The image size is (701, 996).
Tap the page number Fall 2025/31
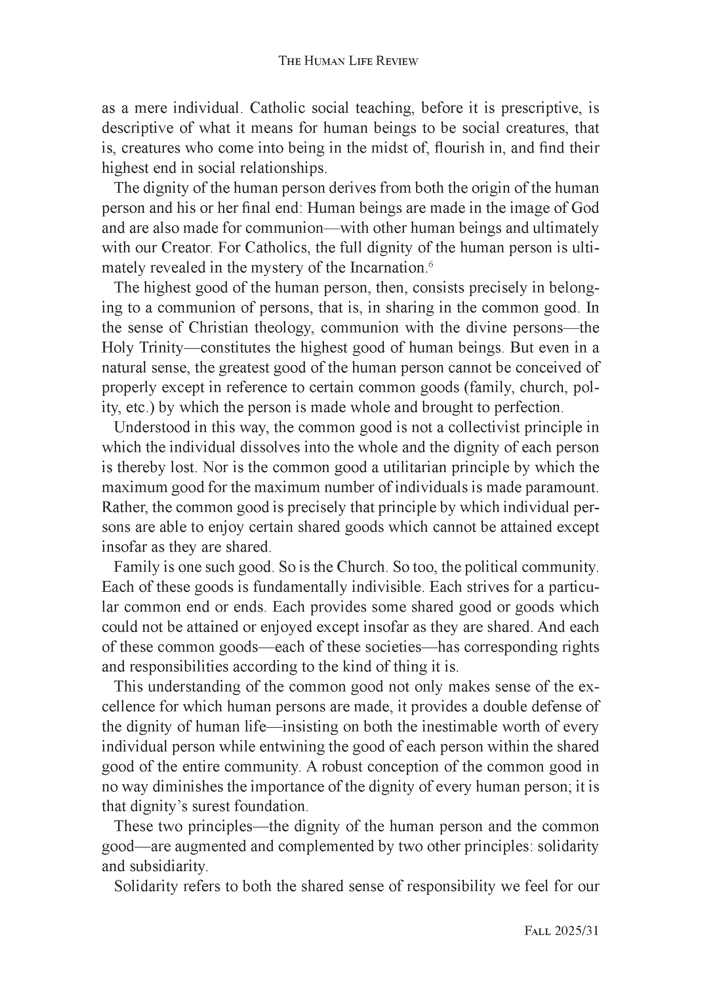[561, 931]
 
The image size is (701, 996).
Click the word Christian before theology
[218, 328]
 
